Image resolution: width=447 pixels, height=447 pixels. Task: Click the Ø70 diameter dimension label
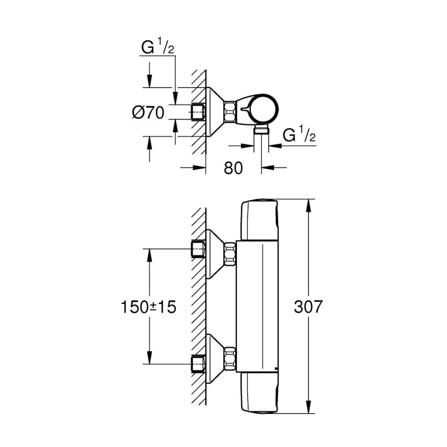coord(148,112)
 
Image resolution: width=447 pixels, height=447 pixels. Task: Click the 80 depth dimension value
coord(233,168)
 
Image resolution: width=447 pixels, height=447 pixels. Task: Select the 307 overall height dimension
coord(307,307)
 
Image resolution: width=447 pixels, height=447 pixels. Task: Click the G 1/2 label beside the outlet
coord(299,136)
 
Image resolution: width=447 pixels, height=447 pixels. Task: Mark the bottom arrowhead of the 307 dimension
coord(308,409)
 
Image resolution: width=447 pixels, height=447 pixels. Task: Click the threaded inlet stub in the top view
coord(198,111)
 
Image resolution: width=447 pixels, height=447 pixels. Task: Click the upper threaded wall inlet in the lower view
coord(198,249)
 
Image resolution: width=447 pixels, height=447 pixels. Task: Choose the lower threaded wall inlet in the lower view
coord(198,364)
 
